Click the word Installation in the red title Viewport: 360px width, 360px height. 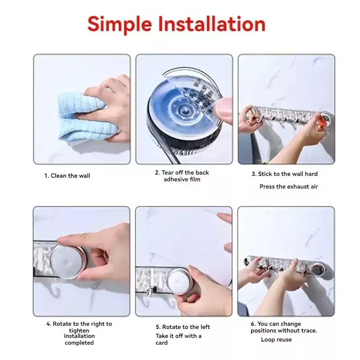211,24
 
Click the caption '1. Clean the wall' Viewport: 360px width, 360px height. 67,175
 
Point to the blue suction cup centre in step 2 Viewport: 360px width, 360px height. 184,111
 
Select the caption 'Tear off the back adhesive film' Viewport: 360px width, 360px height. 182,176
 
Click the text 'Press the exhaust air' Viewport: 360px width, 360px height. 288,186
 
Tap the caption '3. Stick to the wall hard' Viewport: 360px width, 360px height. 284,174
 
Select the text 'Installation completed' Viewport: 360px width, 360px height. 79,339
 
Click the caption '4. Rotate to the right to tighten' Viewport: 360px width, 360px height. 79,327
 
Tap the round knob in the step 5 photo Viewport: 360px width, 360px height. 178,282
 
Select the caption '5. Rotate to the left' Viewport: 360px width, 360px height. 183,327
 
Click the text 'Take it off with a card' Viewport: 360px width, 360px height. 178,339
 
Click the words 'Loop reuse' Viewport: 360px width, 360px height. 276,339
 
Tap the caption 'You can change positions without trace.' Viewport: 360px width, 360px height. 284,327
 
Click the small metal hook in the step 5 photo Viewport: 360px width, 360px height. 150,292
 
